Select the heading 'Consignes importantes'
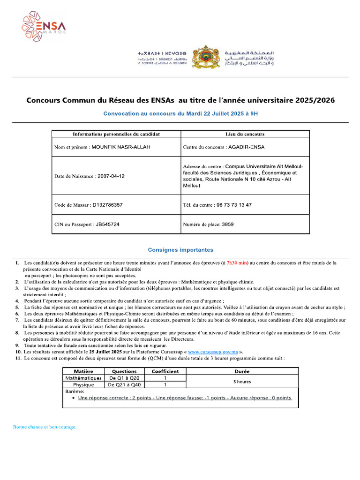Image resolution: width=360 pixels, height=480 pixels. [180, 250]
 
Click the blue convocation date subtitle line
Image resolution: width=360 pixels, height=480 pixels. [180, 113]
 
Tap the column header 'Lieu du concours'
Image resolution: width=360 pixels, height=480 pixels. [245, 134]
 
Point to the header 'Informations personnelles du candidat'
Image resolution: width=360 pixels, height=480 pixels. [116, 134]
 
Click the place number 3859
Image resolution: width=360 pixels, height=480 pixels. [227, 225]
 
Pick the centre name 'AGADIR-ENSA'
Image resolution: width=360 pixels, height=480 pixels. [246, 147]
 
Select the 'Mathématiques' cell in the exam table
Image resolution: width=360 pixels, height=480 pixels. [83, 378]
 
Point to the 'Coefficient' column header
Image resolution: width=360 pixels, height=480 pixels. [165, 371]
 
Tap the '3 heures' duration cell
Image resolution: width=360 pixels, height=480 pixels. [242, 382]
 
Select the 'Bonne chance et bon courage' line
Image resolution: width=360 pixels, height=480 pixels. [45, 427]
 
